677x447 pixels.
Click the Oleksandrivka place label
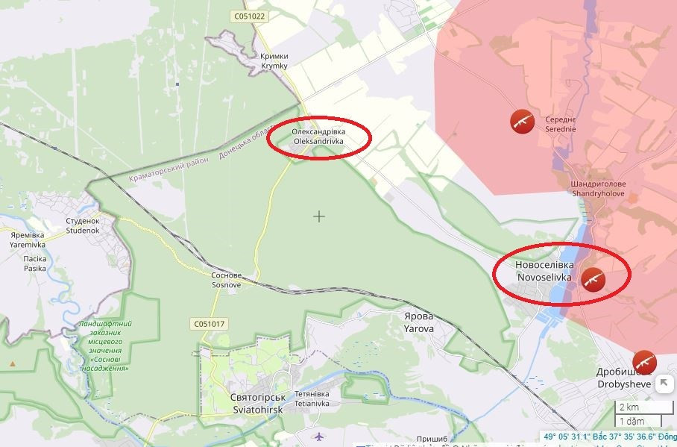pos(318,136)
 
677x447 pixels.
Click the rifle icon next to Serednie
pos(523,121)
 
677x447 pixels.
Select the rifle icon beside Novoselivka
pos(593,279)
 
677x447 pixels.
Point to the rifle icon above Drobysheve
pos(644,362)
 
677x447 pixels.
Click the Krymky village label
pos(274,61)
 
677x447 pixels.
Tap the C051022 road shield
pos(248,16)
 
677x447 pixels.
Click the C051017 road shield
pos(209,324)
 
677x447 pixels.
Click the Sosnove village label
pos(225,280)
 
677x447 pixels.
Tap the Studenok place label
pos(82,226)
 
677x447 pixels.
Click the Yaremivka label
pos(28,240)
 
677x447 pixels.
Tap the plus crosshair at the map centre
pos(319,216)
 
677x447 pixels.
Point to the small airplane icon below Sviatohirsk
pos(320,436)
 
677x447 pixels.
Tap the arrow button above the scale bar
pos(664,383)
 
